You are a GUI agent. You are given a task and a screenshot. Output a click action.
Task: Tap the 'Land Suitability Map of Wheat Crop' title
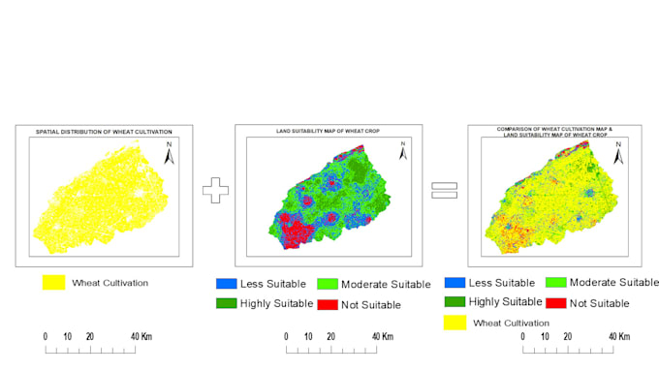pos(329,131)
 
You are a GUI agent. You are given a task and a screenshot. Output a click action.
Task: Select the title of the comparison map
pos(555,131)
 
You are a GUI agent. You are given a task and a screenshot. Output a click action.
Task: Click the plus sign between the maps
pos(214,190)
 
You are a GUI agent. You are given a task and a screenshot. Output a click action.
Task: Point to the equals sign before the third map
pos(444,190)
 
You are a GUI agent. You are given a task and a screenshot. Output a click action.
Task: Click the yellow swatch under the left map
pos(54,283)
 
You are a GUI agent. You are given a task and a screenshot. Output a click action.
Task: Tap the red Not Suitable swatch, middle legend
pos(329,304)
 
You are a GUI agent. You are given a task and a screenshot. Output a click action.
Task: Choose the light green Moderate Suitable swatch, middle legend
pos(329,284)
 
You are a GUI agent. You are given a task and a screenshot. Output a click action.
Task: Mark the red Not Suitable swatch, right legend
pos(556,302)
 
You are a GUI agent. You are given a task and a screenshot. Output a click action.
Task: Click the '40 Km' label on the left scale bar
pos(142,336)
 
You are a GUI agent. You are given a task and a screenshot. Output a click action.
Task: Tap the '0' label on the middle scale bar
pos(285,336)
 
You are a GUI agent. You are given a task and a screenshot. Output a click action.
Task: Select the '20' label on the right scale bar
pos(570,336)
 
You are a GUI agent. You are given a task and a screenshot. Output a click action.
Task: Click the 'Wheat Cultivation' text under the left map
pos(111,283)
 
